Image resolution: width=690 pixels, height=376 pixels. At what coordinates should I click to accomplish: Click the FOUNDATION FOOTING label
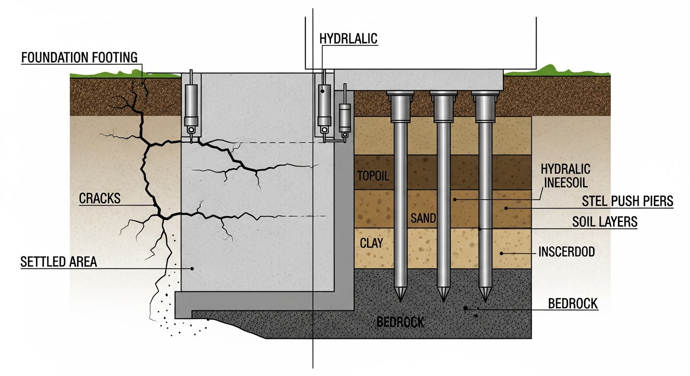coord(79,57)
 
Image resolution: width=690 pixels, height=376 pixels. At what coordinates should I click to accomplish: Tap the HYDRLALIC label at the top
coord(348,39)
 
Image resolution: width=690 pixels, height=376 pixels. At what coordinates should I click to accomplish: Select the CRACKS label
coord(99,199)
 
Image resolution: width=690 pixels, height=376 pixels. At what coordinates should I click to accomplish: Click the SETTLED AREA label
coord(58,262)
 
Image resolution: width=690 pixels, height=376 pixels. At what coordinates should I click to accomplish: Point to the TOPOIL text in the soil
coord(373,176)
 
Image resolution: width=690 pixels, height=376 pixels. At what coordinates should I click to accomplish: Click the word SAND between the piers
coord(423,218)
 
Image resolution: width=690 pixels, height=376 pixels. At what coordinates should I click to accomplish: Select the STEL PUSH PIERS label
coord(627,201)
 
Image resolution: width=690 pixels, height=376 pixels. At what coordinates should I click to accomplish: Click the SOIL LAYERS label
coord(605,222)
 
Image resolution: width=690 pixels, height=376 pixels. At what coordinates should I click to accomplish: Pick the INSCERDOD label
coord(567,252)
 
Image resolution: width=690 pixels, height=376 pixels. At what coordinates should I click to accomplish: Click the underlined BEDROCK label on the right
coord(573,304)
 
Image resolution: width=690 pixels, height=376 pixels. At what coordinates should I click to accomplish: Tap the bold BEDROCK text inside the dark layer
coord(400,322)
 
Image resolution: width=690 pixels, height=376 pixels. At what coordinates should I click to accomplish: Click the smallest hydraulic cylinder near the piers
coord(345,117)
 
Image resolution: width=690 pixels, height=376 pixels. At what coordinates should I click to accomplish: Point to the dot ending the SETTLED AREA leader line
coord(193,268)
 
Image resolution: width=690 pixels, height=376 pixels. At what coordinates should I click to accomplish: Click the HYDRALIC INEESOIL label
coord(566,175)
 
